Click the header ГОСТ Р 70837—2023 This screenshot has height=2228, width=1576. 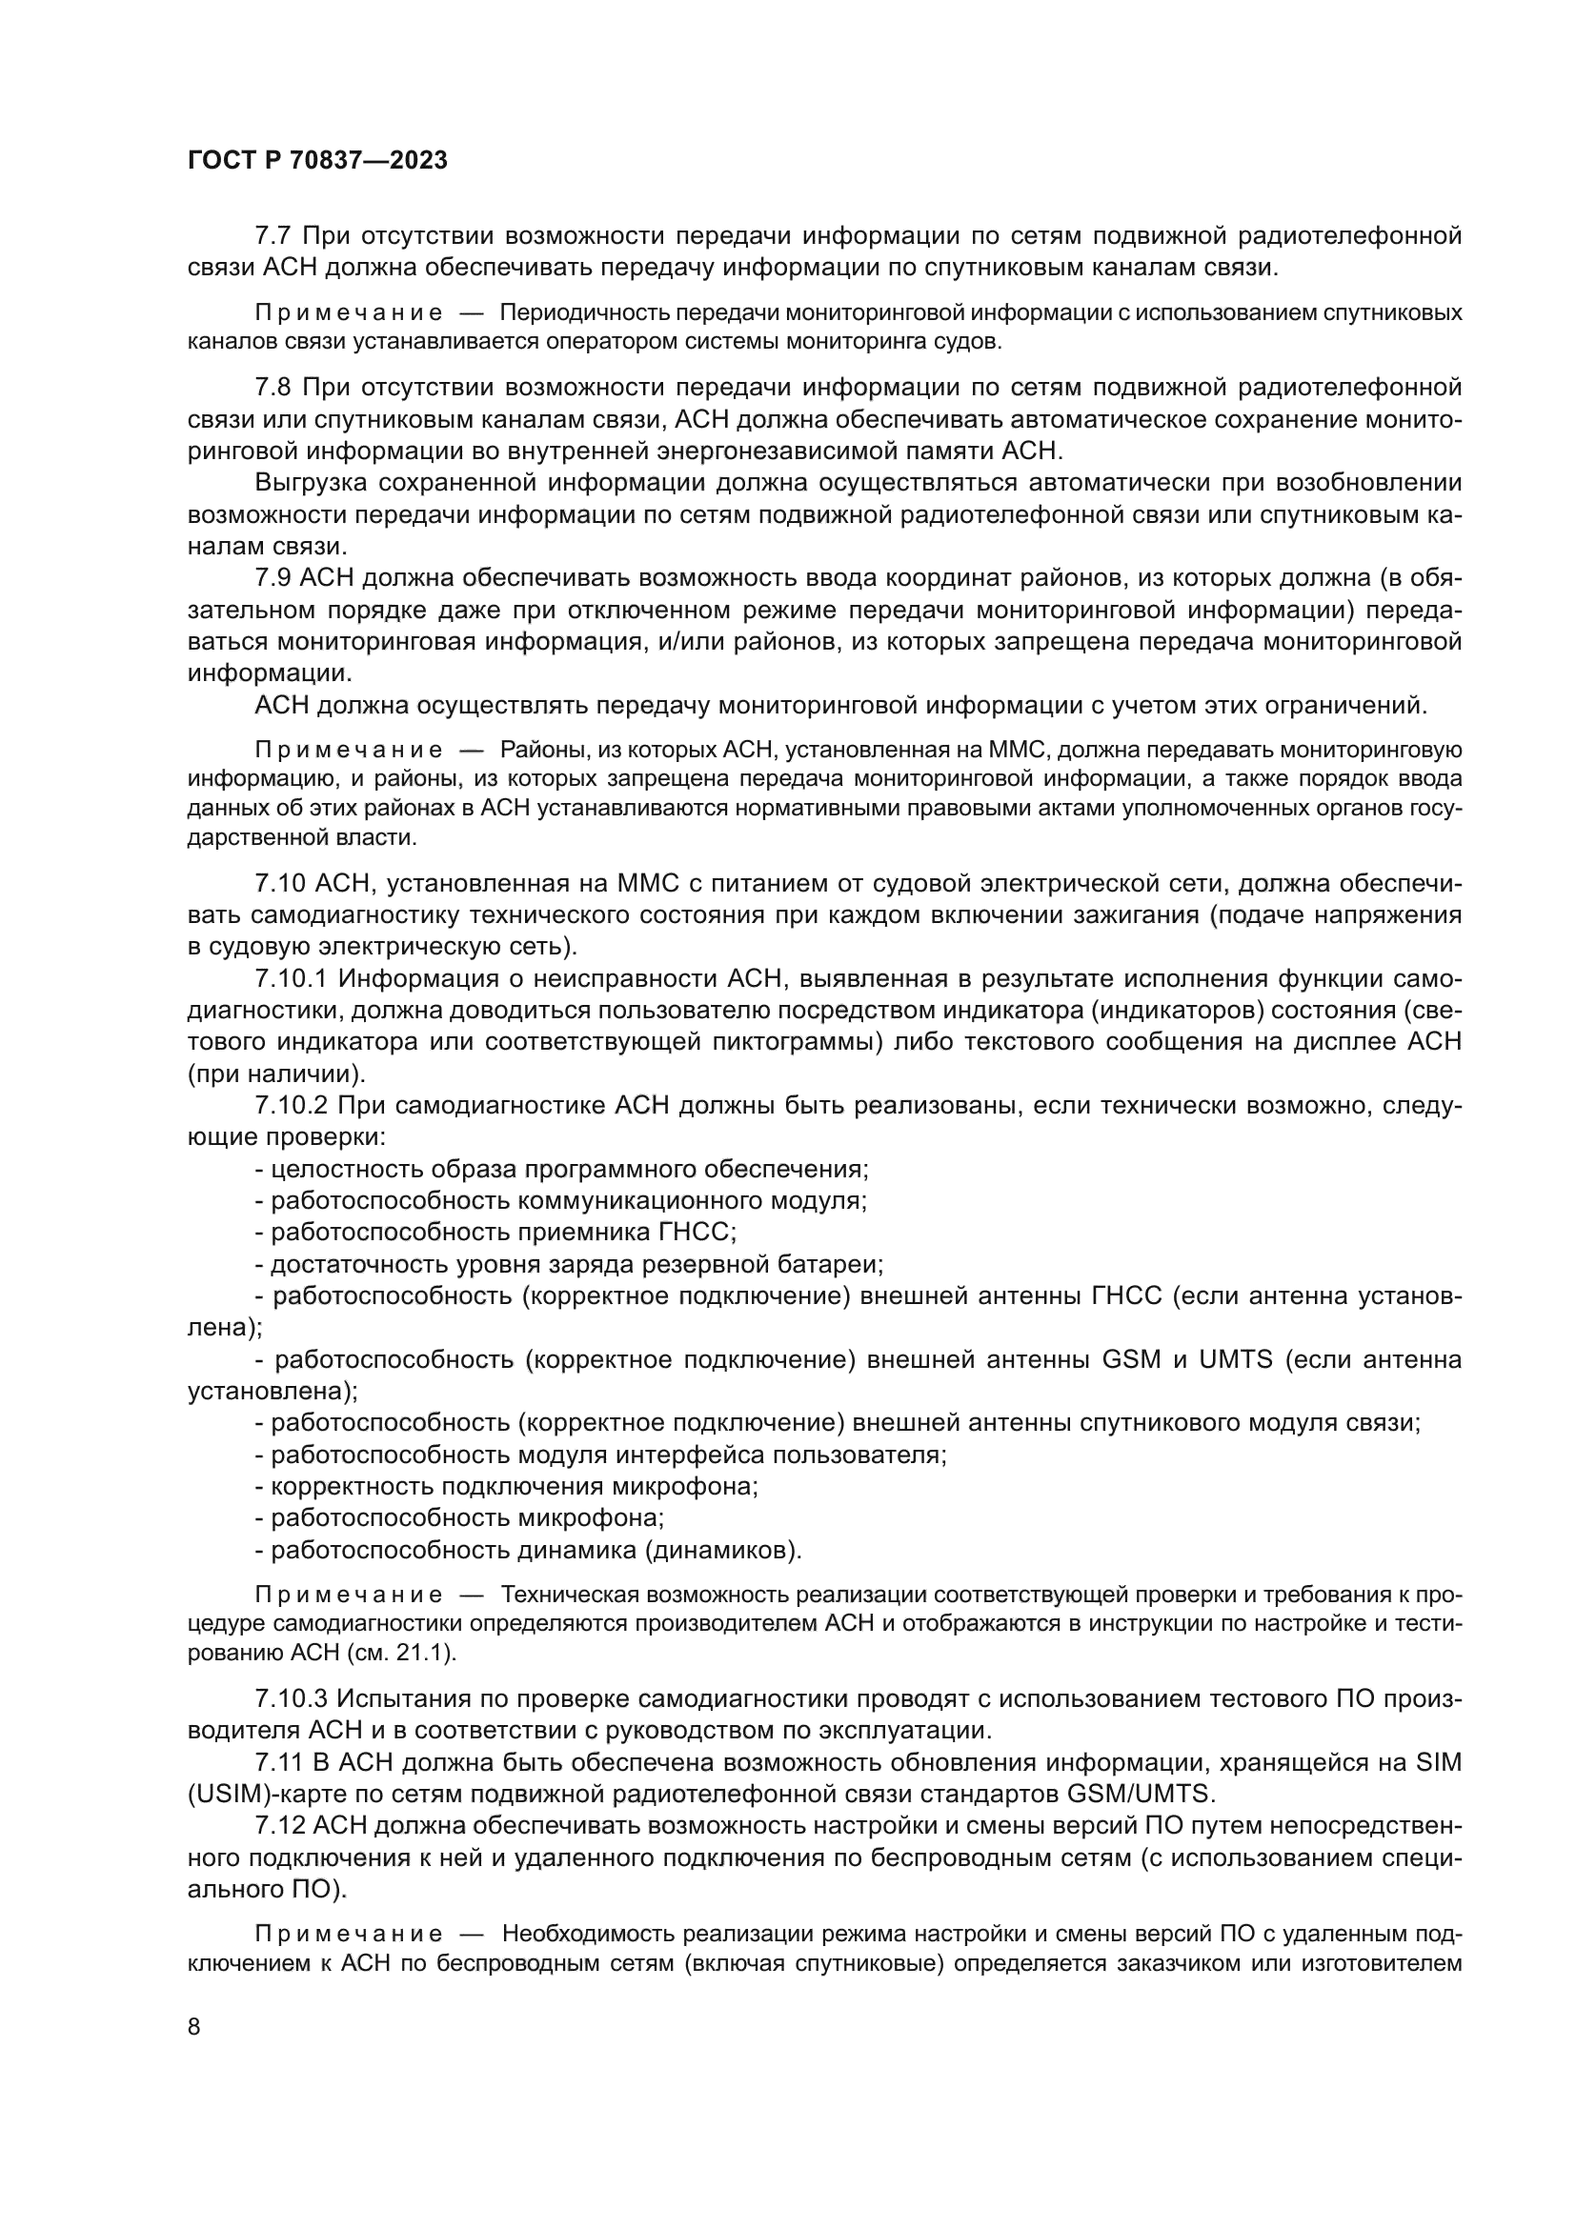pos(317,161)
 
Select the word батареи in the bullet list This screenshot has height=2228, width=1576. pos(839,1264)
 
